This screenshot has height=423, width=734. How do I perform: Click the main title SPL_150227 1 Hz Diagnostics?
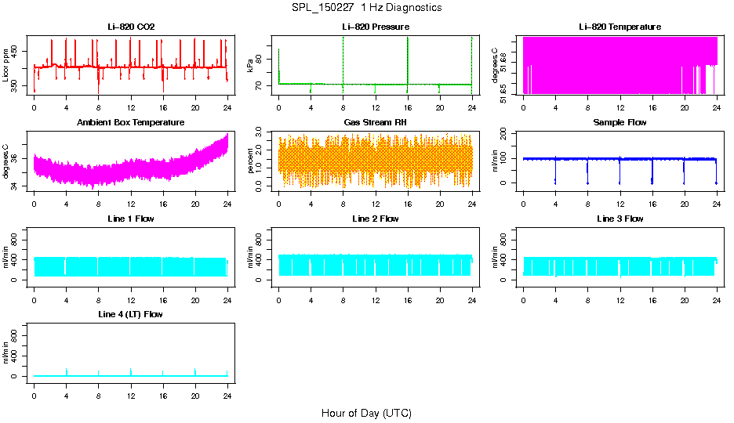[366, 8]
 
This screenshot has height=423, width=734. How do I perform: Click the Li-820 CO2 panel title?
[131, 27]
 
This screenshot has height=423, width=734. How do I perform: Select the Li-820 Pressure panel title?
[375, 27]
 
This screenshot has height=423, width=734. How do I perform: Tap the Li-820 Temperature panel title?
[620, 27]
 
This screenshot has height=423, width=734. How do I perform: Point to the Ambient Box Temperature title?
[131, 123]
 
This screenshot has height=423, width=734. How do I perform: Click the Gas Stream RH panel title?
[375, 123]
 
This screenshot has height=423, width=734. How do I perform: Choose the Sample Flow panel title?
[620, 123]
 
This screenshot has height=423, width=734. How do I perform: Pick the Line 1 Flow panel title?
[131, 219]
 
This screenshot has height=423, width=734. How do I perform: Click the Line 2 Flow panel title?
[375, 219]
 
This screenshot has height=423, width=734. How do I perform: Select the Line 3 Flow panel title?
[620, 219]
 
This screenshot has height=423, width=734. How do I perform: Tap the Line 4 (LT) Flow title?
[131, 314]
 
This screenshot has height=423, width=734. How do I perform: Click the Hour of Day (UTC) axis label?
[366, 413]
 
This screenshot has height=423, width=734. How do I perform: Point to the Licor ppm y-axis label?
[6, 65]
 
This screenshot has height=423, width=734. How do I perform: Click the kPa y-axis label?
[250, 65]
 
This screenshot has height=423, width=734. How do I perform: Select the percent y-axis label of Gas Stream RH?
[250, 161]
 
